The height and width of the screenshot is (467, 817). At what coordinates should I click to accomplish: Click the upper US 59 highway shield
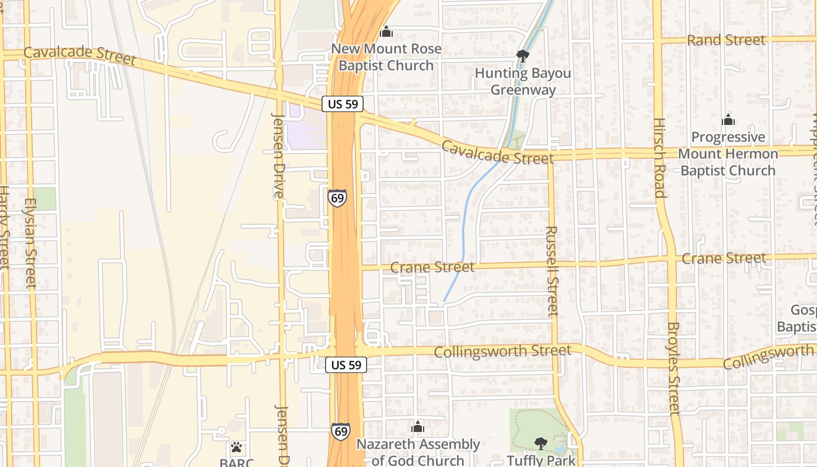[x=343, y=104]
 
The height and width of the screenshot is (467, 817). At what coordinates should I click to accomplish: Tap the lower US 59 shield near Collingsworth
[x=346, y=365]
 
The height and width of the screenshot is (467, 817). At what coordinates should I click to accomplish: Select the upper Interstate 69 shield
[x=337, y=197]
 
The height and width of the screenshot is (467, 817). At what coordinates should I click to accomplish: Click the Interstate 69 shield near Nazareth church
[x=341, y=431]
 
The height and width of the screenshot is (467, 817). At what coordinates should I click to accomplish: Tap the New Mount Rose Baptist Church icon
[x=386, y=32]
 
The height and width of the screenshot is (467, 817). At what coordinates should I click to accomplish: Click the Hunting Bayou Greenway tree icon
[x=522, y=56]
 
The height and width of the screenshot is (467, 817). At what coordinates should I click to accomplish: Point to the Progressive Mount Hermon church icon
[x=728, y=120]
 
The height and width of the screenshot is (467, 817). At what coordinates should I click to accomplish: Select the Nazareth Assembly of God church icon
[x=417, y=427]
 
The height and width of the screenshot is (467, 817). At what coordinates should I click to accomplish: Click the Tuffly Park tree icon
[x=541, y=444]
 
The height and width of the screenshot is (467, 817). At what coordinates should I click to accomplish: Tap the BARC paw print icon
[x=236, y=448]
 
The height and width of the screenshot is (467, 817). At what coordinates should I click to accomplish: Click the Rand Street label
[x=726, y=40]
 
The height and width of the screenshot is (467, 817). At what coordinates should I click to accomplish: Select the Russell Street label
[x=552, y=271]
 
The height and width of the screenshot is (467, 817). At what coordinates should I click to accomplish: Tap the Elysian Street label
[x=30, y=242]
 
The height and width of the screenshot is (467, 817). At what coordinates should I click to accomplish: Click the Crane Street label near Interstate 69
[x=432, y=267]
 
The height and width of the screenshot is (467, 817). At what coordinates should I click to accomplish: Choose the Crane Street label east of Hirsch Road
[x=724, y=258]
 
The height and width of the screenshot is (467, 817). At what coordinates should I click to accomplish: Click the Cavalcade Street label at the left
[x=79, y=55]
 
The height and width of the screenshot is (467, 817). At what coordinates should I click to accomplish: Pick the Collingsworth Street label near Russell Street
[x=502, y=351]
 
